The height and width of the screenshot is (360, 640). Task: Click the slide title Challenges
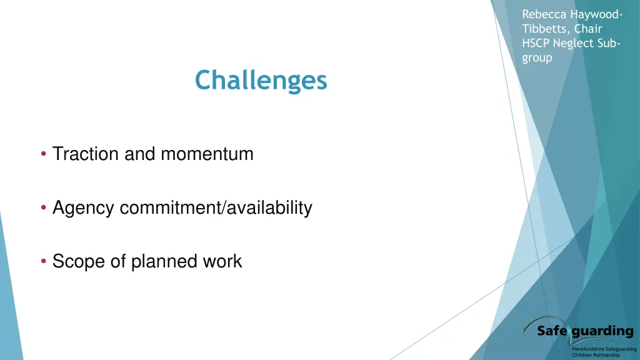point(261,81)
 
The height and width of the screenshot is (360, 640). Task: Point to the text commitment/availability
point(216,207)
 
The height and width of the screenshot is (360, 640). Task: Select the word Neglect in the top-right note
point(575,43)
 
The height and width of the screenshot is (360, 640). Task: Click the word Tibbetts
point(542,29)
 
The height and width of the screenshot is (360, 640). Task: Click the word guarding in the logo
point(602,331)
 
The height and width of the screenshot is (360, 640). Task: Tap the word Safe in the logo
point(552,331)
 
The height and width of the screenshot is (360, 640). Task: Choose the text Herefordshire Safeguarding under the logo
point(604,349)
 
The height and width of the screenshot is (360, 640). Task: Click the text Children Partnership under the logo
point(596,355)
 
